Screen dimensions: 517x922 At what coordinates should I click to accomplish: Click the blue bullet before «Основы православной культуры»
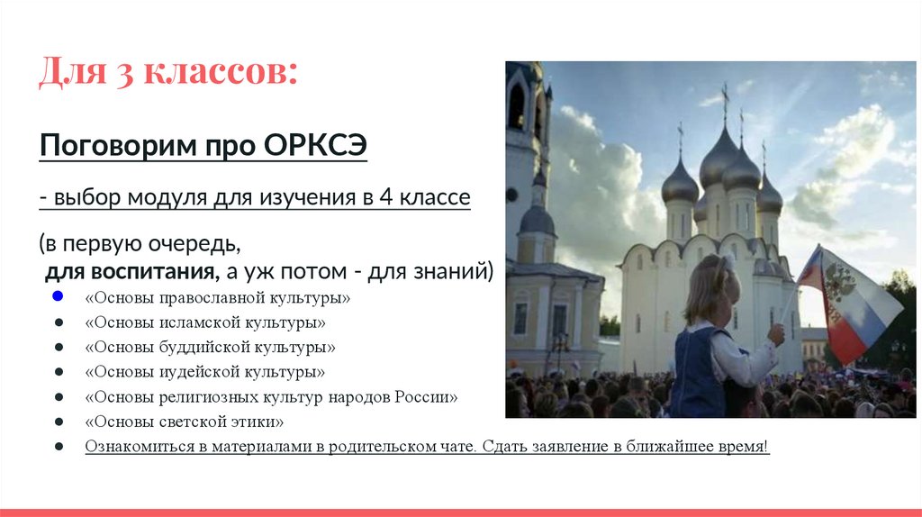[58, 296]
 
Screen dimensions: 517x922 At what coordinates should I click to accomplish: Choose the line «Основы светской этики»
[185, 422]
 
